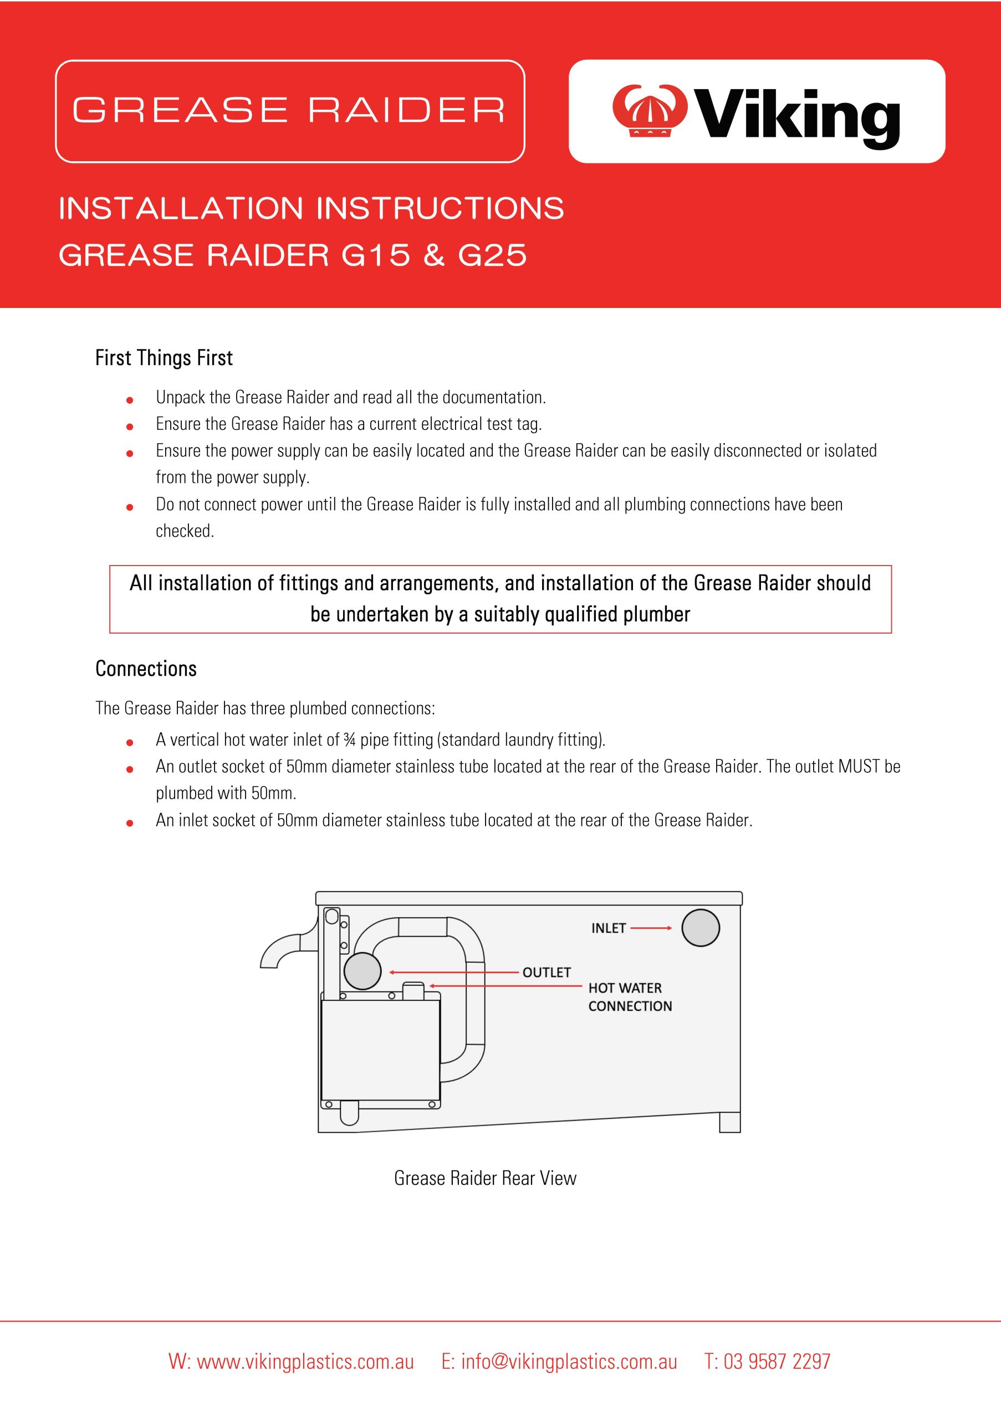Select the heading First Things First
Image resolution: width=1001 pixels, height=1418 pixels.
(164, 358)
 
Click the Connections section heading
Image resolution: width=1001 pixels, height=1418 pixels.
(146, 669)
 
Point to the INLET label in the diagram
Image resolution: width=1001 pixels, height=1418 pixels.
(608, 928)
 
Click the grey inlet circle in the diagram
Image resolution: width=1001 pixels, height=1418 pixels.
(700, 928)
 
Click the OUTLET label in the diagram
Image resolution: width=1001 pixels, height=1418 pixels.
(546, 973)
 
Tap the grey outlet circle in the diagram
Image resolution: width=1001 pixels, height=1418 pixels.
(362, 972)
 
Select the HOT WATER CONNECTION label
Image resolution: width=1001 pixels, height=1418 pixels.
(629, 997)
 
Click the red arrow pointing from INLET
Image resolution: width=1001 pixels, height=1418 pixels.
(651, 928)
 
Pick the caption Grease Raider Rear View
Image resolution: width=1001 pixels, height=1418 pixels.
(485, 1178)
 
